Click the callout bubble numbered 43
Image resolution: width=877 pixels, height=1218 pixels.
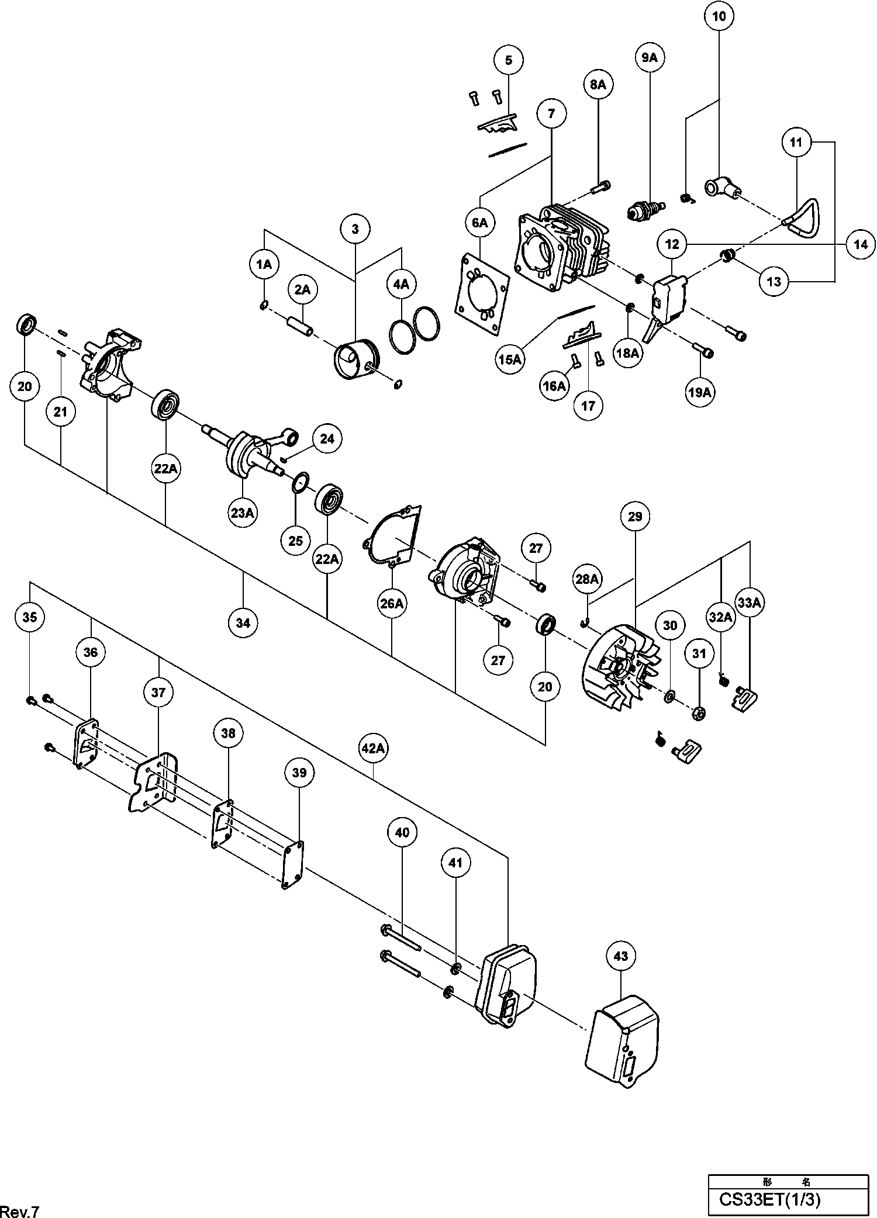[x=621, y=956]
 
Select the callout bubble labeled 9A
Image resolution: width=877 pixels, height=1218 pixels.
[x=650, y=57]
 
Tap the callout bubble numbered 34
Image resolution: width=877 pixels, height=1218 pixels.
[x=243, y=623]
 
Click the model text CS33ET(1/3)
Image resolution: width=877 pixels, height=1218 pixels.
[x=769, y=1199]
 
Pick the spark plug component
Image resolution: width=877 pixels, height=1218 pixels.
[x=645, y=210]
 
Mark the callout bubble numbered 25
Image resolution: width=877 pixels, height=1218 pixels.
[x=296, y=541]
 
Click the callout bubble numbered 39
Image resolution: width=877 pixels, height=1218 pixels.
[x=299, y=773]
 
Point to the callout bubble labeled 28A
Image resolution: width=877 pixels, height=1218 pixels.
[x=588, y=579]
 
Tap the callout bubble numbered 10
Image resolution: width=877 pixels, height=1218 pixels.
[x=719, y=16]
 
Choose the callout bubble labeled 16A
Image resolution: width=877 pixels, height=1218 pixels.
[x=554, y=386]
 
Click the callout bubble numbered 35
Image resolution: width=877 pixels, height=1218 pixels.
[x=29, y=617]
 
